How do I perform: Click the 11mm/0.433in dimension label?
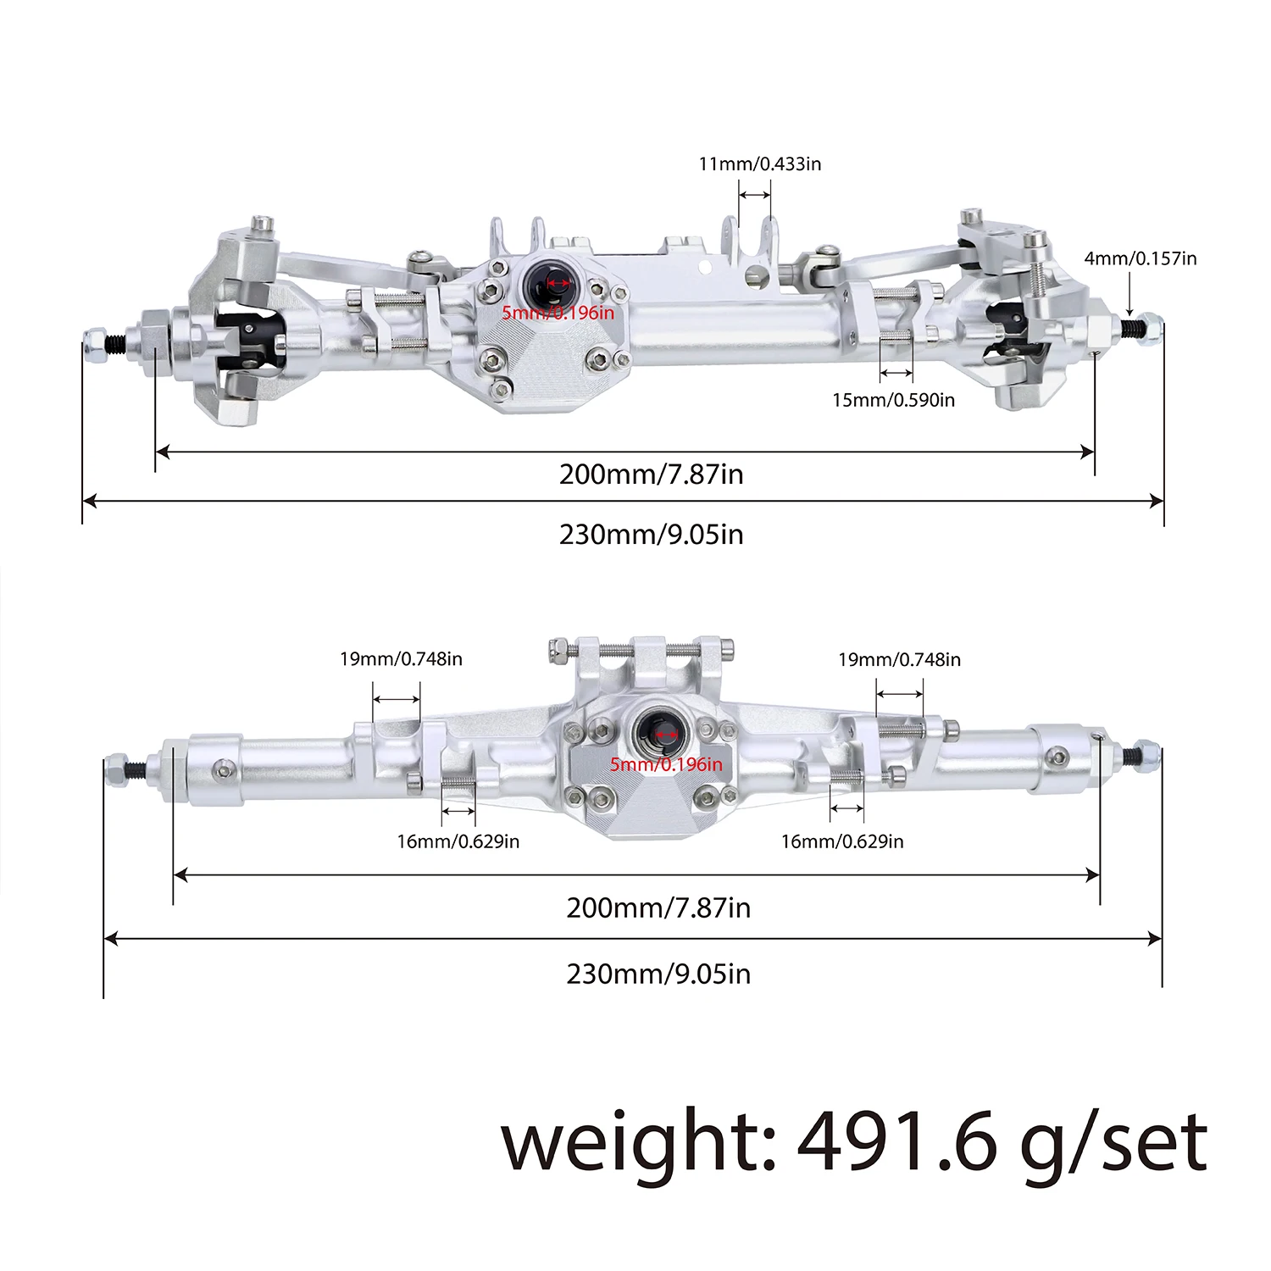(759, 164)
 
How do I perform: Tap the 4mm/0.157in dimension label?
(1140, 258)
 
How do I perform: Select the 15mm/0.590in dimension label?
(893, 400)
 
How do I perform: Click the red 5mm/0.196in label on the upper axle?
(558, 313)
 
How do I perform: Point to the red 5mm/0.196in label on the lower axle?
(666, 764)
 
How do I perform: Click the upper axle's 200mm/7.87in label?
(651, 474)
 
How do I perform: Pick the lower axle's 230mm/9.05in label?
(658, 974)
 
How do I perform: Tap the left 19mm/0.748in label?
(401, 659)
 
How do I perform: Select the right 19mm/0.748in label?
(899, 659)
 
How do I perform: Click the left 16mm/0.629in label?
(458, 841)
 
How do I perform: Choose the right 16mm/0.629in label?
(841, 841)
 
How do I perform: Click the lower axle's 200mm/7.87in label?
(658, 907)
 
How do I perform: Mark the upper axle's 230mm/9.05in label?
(651, 535)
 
